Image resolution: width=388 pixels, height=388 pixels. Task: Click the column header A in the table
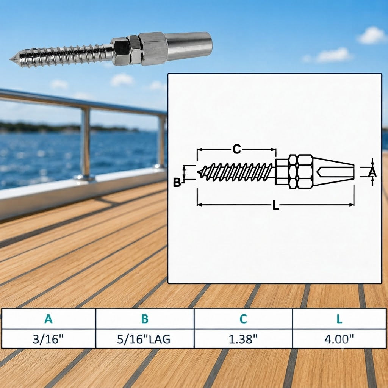click(x=48, y=319)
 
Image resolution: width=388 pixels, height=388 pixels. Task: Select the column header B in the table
click(x=145, y=319)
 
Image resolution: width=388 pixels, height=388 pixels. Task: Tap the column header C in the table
click(x=243, y=319)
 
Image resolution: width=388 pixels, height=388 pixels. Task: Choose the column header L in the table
click(x=339, y=319)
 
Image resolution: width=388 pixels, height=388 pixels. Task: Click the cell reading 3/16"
click(x=48, y=339)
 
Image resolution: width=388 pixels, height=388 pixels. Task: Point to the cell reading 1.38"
click(x=243, y=339)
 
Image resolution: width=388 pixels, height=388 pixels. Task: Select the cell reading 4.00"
click(x=339, y=339)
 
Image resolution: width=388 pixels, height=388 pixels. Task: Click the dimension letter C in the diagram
click(x=237, y=149)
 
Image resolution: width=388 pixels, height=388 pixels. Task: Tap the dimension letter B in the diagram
click(x=177, y=183)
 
